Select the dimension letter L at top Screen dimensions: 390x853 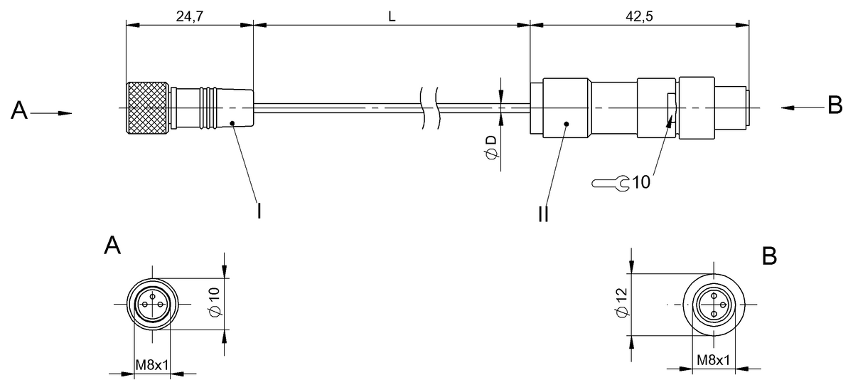click(x=392, y=16)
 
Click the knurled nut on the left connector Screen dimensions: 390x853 click(x=149, y=108)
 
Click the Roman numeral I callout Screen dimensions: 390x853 click(x=259, y=211)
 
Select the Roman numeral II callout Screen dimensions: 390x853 click(x=543, y=213)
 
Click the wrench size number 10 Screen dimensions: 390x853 click(x=640, y=183)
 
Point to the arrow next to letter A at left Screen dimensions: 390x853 click(x=56, y=112)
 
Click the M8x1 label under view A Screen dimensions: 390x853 click(x=151, y=365)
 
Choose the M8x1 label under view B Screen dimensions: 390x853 click(x=713, y=361)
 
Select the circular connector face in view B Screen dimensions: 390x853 click(x=713, y=304)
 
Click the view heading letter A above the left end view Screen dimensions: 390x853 click(x=112, y=246)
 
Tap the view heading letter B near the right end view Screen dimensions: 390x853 click(x=769, y=256)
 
